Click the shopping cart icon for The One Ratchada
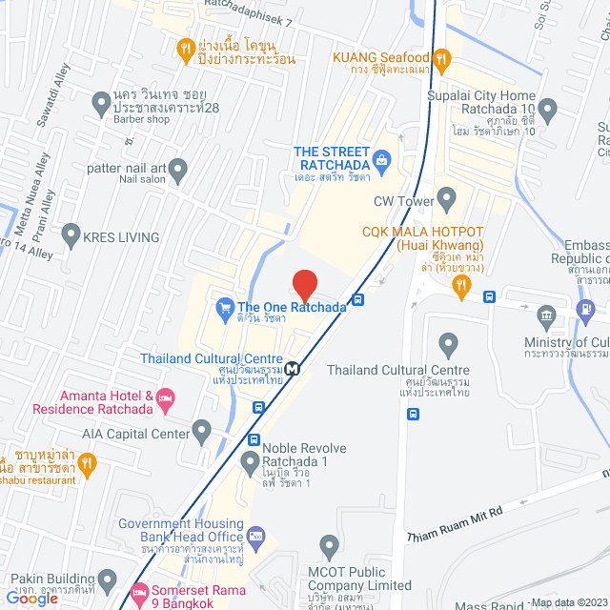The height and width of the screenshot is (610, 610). [225, 307]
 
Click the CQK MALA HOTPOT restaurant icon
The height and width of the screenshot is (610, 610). [460, 285]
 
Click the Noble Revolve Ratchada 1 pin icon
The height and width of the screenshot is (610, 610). [250, 464]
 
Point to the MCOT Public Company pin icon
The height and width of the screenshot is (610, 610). [330, 548]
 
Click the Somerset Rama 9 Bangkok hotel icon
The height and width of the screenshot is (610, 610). [140, 591]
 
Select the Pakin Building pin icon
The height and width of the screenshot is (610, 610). [108, 579]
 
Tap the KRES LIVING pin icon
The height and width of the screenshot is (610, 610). [71, 234]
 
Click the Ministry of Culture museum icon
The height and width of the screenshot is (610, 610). [546, 315]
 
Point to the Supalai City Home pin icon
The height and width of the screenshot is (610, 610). [547, 108]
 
